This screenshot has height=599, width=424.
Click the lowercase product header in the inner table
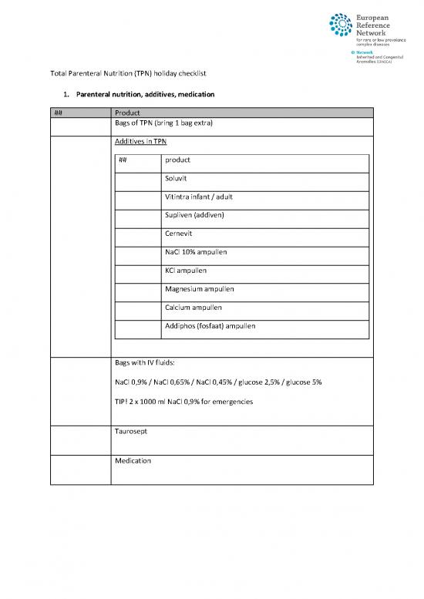(178, 160)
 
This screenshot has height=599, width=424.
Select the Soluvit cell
(179, 179)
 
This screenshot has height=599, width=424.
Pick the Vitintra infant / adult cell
(199, 197)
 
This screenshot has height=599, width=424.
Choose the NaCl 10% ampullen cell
(196, 252)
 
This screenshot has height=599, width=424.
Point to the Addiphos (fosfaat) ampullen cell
(210, 326)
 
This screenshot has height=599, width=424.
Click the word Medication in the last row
(133, 461)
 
